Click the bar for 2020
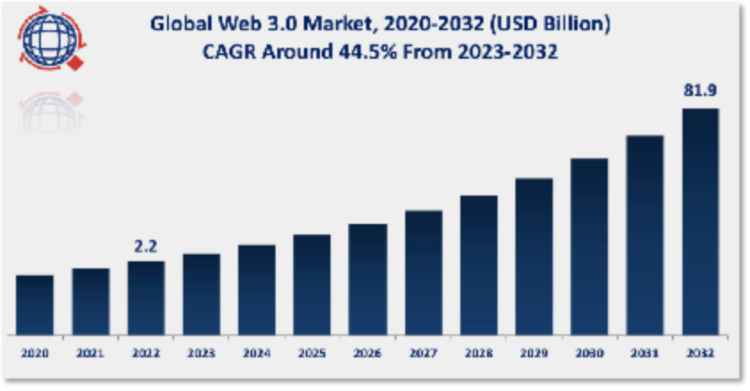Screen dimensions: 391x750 click(x=35, y=306)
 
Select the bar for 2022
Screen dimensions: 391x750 click(x=146, y=299)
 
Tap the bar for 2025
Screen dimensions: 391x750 click(x=312, y=285)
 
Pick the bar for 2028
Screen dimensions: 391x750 click(x=478, y=265)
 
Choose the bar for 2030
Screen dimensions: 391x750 click(x=590, y=247)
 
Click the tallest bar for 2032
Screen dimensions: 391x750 click(x=700, y=222)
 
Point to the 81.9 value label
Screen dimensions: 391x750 click(x=700, y=91)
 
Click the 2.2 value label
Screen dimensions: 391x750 click(x=146, y=246)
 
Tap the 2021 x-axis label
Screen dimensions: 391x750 click(x=90, y=353)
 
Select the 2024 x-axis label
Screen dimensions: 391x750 click(x=256, y=353)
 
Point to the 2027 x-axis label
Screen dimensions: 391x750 click(x=423, y=353)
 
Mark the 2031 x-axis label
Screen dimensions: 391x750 click(x=644, y=353)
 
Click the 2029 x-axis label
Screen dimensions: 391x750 click(x=534, y=353)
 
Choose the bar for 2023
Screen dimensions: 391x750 click(x=201, y=294)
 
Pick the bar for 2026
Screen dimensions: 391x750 click(x=367, y=279)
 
